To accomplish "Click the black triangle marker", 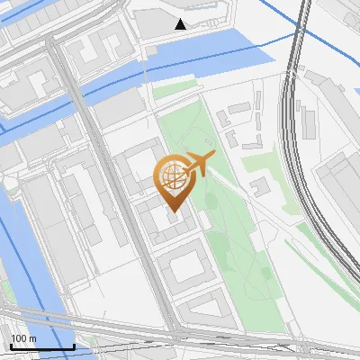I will [181, 23].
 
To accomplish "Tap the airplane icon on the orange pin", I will [200, 163].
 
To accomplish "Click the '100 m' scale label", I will [23, 338].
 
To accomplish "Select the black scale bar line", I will [41, 346].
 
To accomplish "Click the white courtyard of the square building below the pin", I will [189, 267].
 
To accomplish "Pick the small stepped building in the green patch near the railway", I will [260, 186].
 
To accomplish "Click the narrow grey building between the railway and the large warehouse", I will [309, 121].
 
